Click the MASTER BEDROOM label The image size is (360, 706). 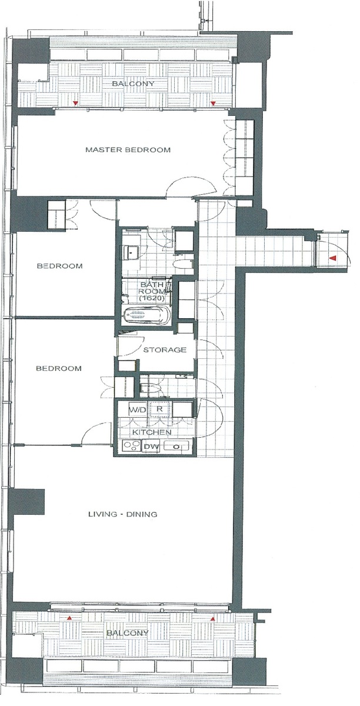tap(128, 149)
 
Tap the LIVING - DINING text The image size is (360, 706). tap(122, 514)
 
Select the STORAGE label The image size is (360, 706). tap(165, 349)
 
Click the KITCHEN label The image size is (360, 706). tap(152, 432)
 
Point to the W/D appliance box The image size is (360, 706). tap(132, 409)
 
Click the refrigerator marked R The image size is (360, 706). tap(159, 409)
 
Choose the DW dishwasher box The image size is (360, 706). tap(152, 447)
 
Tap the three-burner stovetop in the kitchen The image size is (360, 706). tap(132, 447)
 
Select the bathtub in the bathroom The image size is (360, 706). tap(147, 315)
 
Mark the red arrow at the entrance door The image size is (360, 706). tap(333, 258)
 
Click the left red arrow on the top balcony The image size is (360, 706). tap(75, 103)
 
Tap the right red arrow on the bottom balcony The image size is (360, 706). tap(213, 618)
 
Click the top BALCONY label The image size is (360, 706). tap(134, 84)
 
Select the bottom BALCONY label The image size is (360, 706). tap(128, 633)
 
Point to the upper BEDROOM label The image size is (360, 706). tap(60, 266)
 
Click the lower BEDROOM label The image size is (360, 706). tap(59, 368)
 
